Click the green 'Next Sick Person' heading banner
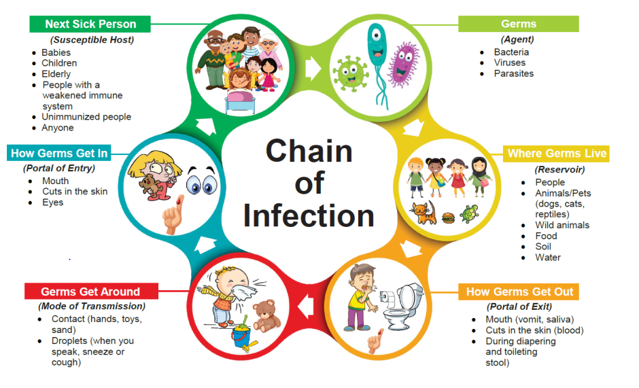click(90, 24)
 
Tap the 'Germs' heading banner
click(519, 24)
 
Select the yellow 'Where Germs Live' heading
click(556, 154)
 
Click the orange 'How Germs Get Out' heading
click(519, 292)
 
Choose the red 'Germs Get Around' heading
click(91, 292)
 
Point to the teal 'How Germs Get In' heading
click(59, 154)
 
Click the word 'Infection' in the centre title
click(309, 215)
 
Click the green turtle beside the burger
click(469, 213)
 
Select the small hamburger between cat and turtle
click(448, 217)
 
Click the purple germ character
click(403, 65)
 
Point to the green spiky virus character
click(350, 73)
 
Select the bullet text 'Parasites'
click(513, 74)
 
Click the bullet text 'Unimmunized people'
click(86, 117)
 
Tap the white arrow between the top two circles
click(313, 68)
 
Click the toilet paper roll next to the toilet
click(387, 298)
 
